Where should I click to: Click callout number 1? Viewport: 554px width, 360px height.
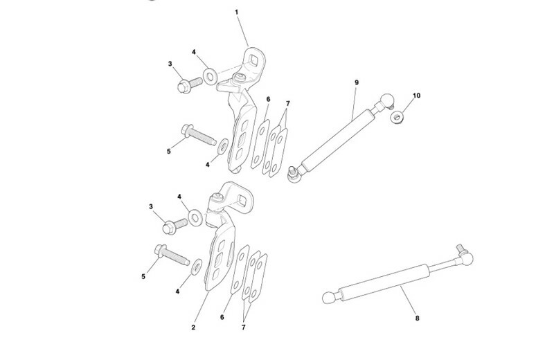236,12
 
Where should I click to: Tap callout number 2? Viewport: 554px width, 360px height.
193,327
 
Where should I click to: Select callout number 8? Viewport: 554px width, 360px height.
418,318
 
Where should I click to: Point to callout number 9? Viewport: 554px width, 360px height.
357,82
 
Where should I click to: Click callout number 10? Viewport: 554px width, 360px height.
417,96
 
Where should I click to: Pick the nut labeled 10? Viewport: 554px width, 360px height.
397,116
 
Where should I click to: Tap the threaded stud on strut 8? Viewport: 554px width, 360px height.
460,248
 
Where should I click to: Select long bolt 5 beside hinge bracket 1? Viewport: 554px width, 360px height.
199,134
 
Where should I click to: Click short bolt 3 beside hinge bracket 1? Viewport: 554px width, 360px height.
189,84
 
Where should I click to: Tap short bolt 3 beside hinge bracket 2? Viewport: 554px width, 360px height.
175,226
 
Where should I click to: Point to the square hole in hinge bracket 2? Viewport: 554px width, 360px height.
242,200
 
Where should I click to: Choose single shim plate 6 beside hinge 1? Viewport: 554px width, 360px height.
260,144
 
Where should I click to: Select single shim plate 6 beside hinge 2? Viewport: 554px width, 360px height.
240,269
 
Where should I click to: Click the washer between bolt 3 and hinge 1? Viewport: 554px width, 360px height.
211,77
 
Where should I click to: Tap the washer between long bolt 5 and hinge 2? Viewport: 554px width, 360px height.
197,267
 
